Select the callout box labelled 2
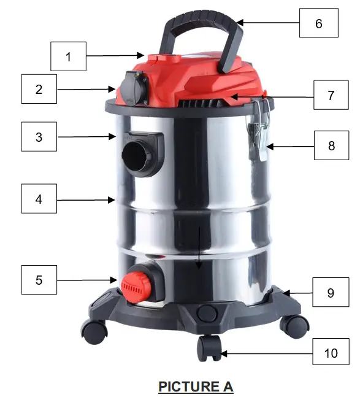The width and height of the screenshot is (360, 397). pyautogui.click(x=39, y=89)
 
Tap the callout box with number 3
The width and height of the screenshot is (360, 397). pyautogui.click(x=39, y=136)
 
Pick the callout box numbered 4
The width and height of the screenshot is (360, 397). pyautogui.click(x=39, y=199)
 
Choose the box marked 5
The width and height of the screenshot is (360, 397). pyautogui.click(x=39, y=280)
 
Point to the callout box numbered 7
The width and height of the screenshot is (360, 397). pyautogui.click(x=330, y=96)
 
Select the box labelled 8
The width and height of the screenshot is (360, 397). pyautogui.click(x=330, y=146)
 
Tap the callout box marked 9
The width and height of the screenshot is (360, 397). pyautogui.click(x=330, y=293)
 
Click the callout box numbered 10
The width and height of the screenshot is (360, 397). pyautogui.click(x=330, y=353)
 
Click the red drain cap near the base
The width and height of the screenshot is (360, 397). pyautogui.click(x=134, y=284)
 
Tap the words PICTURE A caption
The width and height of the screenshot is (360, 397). pyautogui.click(x=196, y=386)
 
